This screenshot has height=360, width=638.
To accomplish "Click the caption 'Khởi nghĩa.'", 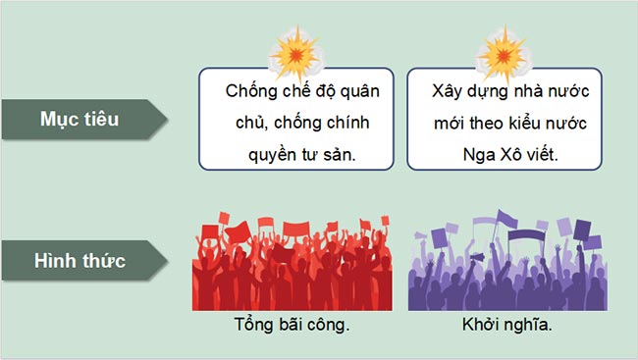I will pos(501,326).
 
